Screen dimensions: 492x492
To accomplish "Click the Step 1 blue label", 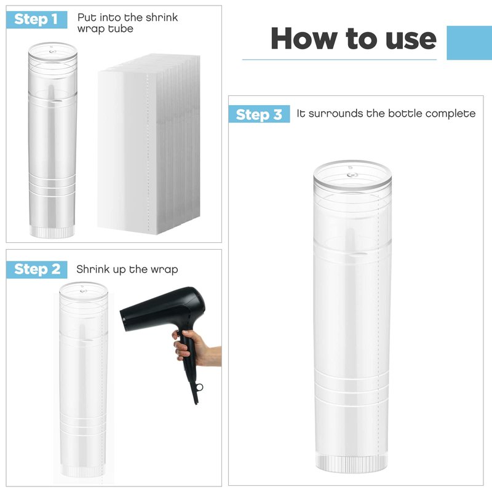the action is tap(37, 20).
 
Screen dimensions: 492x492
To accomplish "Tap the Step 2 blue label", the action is tap(37, 269).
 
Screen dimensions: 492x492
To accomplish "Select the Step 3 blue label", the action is tap(259, 114).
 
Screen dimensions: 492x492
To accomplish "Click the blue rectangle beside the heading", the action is tap(469, 42).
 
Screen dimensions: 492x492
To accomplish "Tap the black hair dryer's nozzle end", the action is tap(124, 320).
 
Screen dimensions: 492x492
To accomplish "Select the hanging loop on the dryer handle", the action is tap(199, 388).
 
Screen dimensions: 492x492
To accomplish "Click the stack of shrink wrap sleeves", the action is tap(149, 144).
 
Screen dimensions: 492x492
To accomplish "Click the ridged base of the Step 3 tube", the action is tap(352, 464).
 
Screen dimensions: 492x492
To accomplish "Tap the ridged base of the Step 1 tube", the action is tap(52, 232).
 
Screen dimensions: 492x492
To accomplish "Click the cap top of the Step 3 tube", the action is tap(352, 175).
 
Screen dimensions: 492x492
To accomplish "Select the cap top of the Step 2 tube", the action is tap(84, 290).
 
